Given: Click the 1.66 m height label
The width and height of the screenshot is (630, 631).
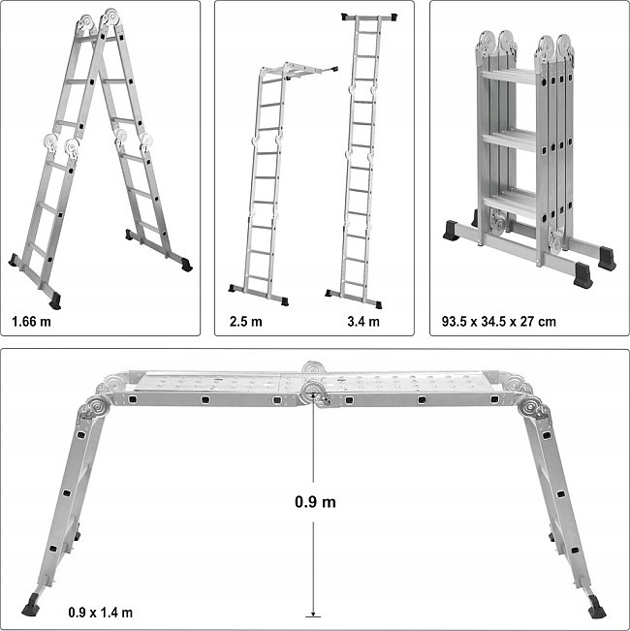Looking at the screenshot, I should tap(33, 321).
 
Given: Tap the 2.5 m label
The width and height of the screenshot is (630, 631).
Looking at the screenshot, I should tap(246, 321).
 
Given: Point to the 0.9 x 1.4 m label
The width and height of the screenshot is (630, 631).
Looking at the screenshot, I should tap(101, 612).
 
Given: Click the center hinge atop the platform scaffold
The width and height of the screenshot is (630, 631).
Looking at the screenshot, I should tap(313, 381).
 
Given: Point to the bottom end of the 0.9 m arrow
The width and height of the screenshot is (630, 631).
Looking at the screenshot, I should tap(313, 614).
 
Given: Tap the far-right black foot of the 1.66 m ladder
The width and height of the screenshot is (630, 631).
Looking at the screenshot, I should tap(185, 264).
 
